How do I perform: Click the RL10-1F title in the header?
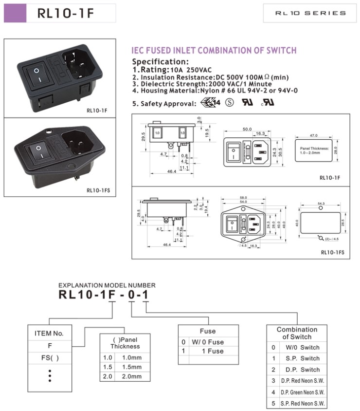66,13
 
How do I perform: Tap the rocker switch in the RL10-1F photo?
37,74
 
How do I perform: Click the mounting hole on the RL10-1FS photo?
49,131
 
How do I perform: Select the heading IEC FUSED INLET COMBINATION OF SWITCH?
214,51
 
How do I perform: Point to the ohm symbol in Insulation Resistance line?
267,77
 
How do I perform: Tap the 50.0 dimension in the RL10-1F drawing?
247,130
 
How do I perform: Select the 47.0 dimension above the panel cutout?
314,135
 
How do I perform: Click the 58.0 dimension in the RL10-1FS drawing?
249,198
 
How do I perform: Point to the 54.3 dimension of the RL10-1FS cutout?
321,203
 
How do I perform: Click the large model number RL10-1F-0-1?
103,295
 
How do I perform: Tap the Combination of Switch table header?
297,333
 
